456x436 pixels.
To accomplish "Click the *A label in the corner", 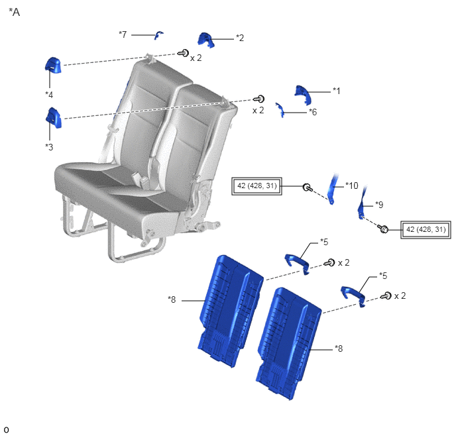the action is (x=15, y=12).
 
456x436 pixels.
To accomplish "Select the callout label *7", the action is (x=123, y=34).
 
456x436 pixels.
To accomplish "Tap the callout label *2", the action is (x=240, y=38).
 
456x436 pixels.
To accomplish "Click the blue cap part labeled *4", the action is (x=53, y=65).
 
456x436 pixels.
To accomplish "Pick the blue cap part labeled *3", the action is (x=54, y=118).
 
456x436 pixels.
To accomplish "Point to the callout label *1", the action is (x=337, y=91).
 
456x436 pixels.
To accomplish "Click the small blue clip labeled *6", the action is (x=280, y=110).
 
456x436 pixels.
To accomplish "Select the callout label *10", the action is (x=352, y=186).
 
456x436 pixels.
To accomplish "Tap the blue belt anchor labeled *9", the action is (x=362, y=202).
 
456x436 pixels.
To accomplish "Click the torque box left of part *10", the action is (x=256, y=186).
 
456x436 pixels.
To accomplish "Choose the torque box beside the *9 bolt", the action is (x=426, y=230).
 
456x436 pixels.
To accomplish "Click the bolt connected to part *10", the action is (x=308, y=188).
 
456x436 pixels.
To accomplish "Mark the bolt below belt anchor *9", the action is (x=382, y=229).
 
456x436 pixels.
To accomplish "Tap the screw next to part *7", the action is (x=183, y=53).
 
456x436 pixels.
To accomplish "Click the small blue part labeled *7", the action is (x=158, y=35).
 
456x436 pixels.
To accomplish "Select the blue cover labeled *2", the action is (x=206, y=40).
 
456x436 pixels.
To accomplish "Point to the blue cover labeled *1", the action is (x=303, y=95).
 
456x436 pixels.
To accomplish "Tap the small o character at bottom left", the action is (x=6, y=429).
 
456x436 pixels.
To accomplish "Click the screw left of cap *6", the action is (x=259, y=99).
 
